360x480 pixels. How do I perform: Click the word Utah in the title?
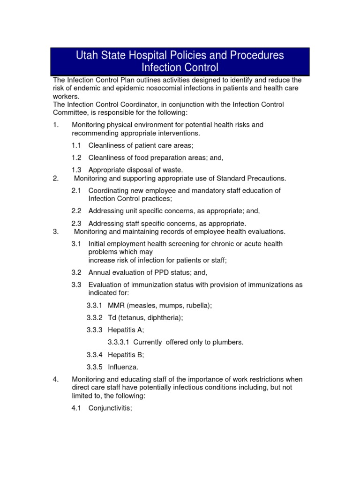click(88, 55)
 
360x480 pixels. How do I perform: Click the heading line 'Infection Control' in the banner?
click(180, 67)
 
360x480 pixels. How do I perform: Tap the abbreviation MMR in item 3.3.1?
click(116, 305)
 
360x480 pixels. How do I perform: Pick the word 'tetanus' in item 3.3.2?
click(133, 317)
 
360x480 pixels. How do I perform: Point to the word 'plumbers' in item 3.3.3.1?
click(229, 342)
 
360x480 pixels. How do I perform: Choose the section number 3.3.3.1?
click(118, 342)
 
